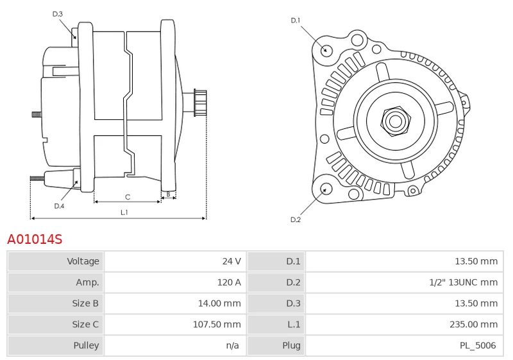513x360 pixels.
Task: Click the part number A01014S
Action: (x=35, y=239)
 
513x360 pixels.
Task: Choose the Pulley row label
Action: (x=86, y=345)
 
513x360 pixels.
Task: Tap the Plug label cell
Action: (x=291, y=345)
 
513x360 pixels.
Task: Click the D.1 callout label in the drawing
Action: (x=296, y=21)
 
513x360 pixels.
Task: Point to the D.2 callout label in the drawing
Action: (x=296, y=219)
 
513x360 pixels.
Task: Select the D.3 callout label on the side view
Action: (x=58, y=13)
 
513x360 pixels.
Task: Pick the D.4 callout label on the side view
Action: (x=59, y=206)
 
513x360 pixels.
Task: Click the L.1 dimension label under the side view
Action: (x=124, y=212)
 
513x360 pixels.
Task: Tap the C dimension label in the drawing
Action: (x=128, y=197)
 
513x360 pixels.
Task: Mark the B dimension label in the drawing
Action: (x=168, y=194)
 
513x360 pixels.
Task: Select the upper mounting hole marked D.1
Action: (x=325, y=49)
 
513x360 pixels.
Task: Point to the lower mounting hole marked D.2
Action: (x=325, y=189)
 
